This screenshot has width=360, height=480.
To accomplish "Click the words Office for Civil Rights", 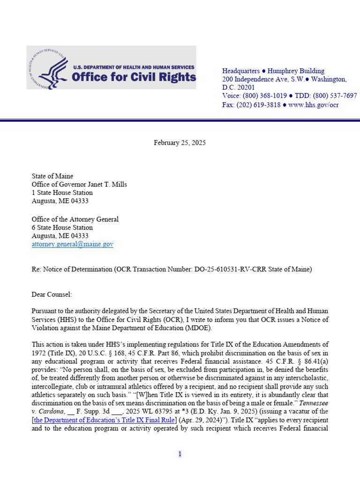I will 134,77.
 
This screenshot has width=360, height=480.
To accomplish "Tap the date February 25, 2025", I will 180,142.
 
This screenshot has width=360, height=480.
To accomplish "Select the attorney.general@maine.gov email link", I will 72,244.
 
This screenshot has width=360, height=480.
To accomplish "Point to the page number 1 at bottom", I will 180,454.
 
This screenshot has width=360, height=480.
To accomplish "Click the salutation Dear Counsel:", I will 52,294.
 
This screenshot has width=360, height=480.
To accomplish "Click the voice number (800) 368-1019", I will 267,96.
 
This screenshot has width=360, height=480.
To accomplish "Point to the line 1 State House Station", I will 62,193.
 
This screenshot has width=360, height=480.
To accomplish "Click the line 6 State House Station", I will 62,227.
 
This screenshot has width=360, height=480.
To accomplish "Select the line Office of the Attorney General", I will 75,219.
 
